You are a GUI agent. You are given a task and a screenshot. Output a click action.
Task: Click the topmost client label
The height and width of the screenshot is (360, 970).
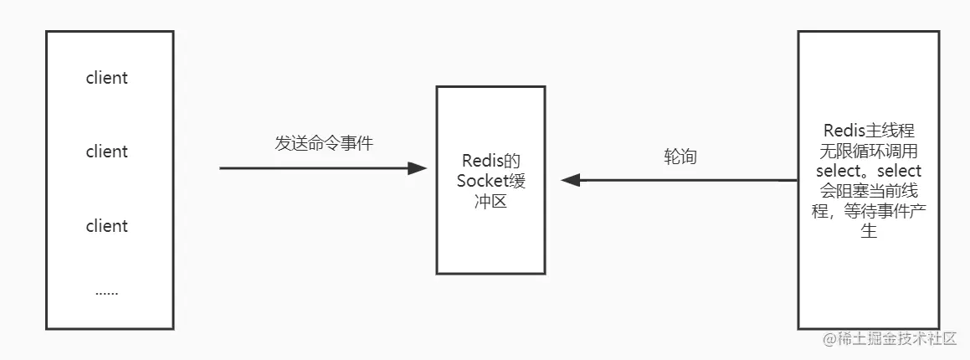[x=107, y=78]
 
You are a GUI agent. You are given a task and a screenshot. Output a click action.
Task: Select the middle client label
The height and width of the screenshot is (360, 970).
[x=107, y=152]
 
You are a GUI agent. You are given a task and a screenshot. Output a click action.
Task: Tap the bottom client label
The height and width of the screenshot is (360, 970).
[x=107, y=226]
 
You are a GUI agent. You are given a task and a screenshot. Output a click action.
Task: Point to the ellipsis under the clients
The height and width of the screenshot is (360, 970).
[x=107, y=292]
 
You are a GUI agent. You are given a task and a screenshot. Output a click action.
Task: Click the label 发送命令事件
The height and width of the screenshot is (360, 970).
[x=324, y=143]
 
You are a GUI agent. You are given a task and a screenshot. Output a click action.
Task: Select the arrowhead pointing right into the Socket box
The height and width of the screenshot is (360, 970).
[x=418, y=168]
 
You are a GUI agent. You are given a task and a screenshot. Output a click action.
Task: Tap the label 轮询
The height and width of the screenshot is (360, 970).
[x=680, y=157]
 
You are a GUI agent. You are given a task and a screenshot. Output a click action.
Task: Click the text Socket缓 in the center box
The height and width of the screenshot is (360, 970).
[x=491, y=181]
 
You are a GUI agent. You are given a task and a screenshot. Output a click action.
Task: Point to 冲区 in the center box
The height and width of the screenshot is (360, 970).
[x=491, y=202]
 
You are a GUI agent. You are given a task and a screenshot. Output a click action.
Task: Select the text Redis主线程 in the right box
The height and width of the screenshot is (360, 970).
[x=868, y=131]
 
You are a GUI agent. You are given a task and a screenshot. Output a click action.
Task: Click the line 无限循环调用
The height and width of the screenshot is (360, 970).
[x=868, y=152]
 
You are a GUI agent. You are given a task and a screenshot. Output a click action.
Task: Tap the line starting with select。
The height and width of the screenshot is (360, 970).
[x=868, y=172]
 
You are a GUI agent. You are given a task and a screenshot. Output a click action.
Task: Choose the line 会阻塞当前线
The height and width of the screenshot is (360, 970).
[x=868, y=192]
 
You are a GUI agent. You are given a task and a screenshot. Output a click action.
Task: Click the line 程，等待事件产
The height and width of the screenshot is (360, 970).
[x=868, y=212]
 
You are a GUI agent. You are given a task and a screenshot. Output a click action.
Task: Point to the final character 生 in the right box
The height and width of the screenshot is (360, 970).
[x=869, y=232]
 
